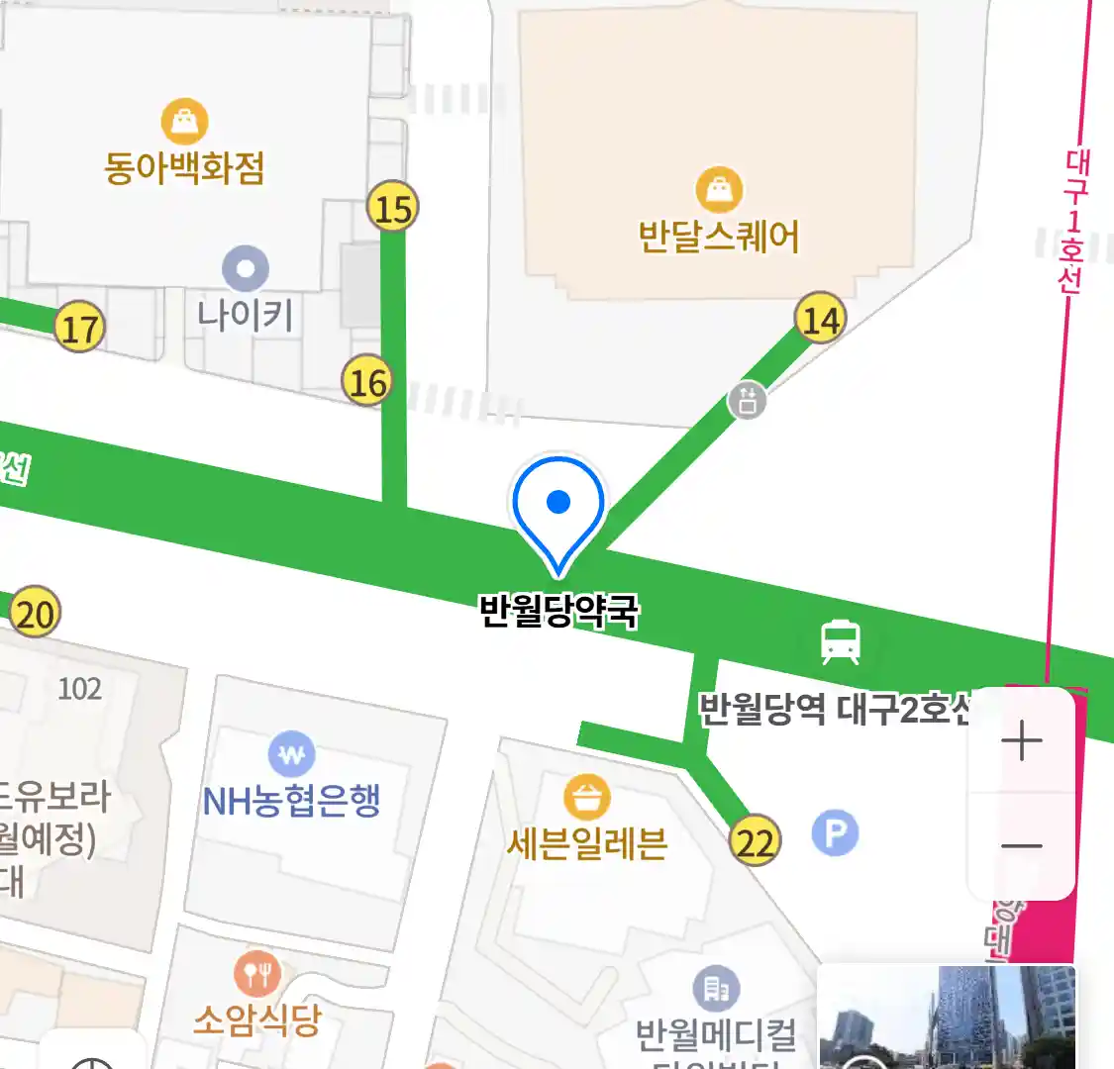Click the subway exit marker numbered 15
click(393, 208)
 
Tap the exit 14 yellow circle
click(821, 319)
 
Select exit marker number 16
click(367, 381)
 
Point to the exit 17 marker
click(80, 328)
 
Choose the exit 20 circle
click(35, 614)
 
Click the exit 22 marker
click(756, 842)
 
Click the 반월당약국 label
click(558, 610)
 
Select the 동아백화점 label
click(184, 167)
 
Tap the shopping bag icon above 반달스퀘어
click(720, 189)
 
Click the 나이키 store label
click(246, 316)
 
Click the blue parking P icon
click(835, 833)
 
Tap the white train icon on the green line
click(841, 641)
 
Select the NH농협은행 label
click(291, 801)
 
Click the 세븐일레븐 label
click(587, 844)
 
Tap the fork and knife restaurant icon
click(257, 976)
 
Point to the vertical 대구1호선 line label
click(1072, 222)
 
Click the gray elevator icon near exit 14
click(748, 400)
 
